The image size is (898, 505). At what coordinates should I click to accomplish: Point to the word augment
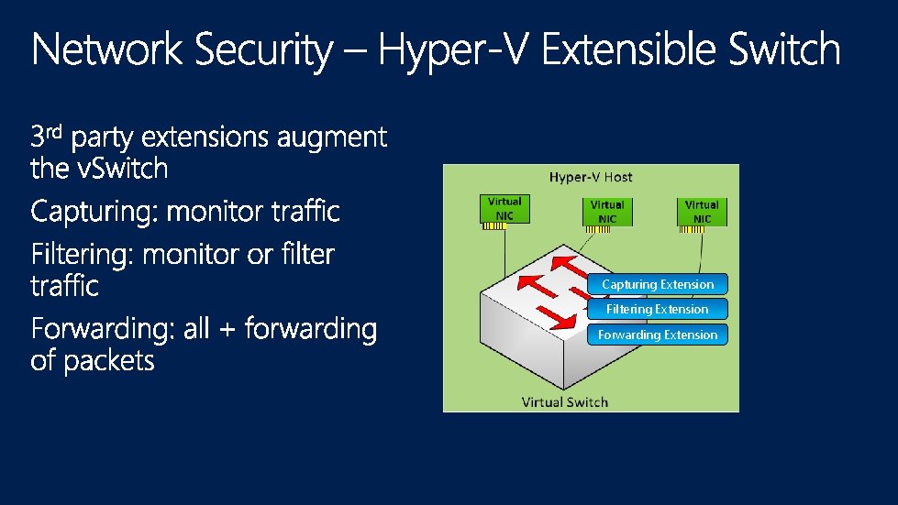pyautogui.click(x=331, y=139)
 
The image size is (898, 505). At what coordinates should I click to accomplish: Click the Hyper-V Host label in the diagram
pyautogui.click(x=591, y=177)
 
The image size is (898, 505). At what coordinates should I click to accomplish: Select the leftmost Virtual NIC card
pyautogui.click(x=504, y=209)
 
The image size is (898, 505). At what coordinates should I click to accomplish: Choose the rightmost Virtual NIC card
pyautogui.click(x=702, y=212)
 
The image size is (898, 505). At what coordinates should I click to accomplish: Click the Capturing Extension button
pyautogui.click(x=658, y=284)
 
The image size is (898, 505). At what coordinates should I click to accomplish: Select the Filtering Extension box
pyautogui.click(x=658, y=310)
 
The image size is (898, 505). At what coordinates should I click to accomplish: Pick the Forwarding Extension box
pyautogui.click(x=658, y=335)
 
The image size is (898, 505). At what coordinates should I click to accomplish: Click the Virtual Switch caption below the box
pyautogui.click(x=564, y=401)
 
